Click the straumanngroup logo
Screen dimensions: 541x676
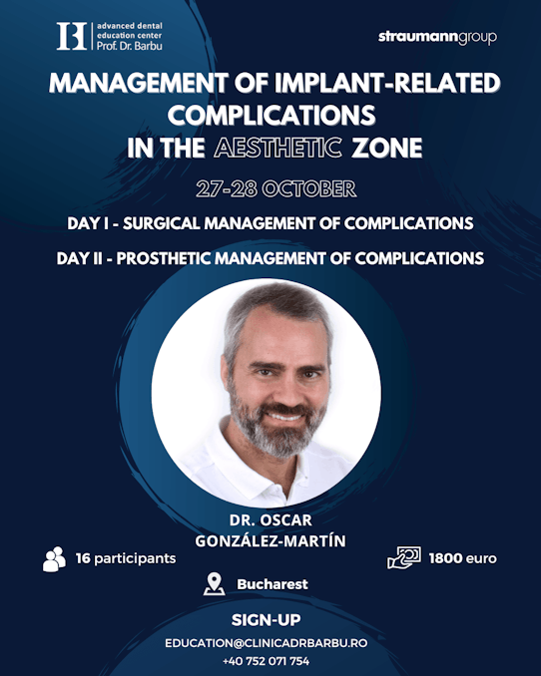[x=437, y=38]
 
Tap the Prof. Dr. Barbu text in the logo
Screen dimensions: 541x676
[x=130, y=46]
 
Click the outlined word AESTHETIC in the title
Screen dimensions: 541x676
[x=278, y=148]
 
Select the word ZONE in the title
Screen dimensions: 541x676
[x=387, y=148]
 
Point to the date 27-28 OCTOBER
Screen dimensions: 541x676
[x=276, y=189]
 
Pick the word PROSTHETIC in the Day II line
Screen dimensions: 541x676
[x=164, y=258]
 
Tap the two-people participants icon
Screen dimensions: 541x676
[x=55, y=559]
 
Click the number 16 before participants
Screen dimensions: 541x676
[x=83, y=558]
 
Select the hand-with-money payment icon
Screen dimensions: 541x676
[x=404, y=558]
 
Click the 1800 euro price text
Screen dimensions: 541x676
[x=463, y=558]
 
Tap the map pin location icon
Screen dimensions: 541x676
[x=215, y=584]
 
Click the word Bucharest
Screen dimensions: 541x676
[x=272, y=584]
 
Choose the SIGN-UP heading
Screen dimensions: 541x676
[x=266, y=620]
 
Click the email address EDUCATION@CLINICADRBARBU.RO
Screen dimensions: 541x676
[x=266, y=643]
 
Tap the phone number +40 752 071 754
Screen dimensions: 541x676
[x=266, y=661]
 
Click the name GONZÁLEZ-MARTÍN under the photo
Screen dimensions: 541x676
[x=270, y=541]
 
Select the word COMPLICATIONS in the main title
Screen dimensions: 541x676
[x=271, y=115]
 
